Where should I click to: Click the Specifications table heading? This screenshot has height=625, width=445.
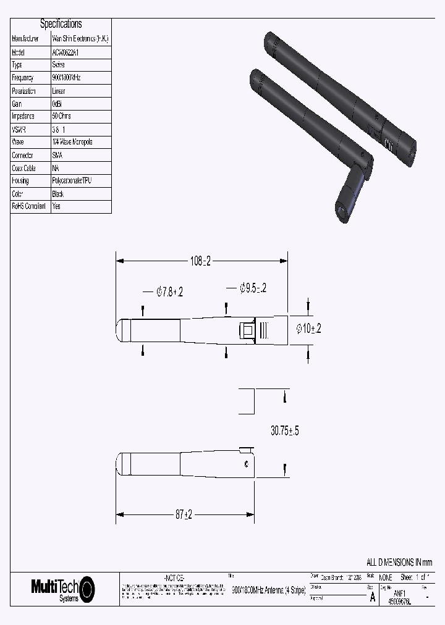point(61,24)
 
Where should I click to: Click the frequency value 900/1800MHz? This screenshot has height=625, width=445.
point(67,78)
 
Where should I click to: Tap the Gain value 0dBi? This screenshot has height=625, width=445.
point(58,104)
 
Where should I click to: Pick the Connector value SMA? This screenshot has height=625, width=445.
point(58,156)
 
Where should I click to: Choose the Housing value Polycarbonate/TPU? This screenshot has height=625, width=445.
point(73,181)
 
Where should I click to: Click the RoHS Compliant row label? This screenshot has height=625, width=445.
point(29,207)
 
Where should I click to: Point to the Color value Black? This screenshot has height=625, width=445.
point(59,194)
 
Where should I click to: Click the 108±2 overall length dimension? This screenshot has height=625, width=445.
point(200,261)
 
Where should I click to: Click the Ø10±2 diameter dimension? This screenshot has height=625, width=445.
point(308,329)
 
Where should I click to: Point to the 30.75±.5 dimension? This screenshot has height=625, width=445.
point(285,431)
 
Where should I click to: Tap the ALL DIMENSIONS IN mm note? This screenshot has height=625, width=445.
point(399,562)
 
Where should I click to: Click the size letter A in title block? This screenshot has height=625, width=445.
point(372,596)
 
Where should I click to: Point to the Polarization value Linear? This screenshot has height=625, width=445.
point(59,91)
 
